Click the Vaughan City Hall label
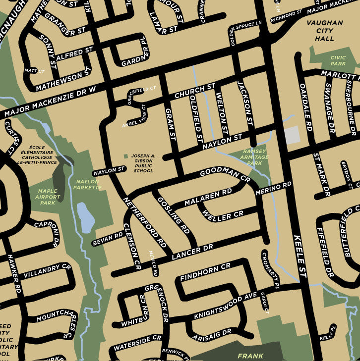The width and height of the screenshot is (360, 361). (324, 31)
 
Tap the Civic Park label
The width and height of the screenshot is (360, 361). (338, 61)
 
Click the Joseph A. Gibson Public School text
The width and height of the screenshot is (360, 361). (143, 163)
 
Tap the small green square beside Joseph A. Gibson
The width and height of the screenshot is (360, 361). (125, 156)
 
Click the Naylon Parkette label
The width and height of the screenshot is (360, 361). (87, 185)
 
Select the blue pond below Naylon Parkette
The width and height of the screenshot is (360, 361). (85, 217)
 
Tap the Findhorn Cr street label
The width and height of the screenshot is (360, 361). (205, 271)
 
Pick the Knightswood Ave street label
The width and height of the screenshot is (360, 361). (226, 305)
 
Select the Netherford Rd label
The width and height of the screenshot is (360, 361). (144, 222)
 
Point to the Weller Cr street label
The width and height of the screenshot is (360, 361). (224, 216)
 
